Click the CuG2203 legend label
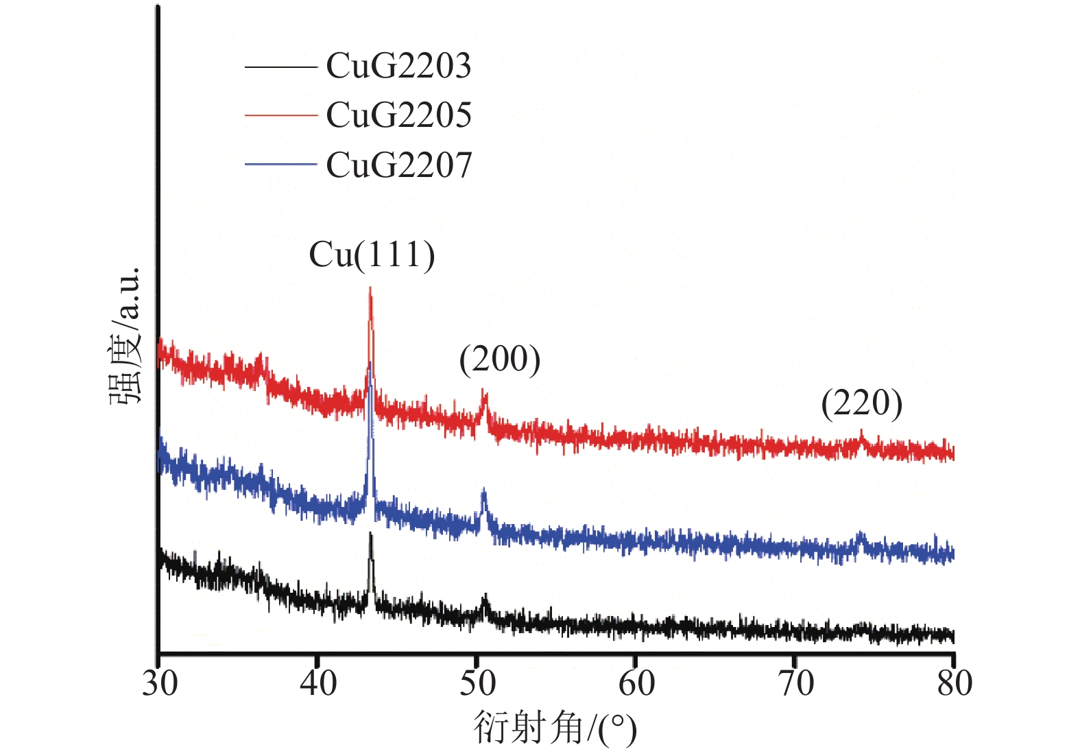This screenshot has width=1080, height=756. [x=398, y=66]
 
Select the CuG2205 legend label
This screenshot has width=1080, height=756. [x=398, y=115]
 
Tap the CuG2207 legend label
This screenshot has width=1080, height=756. [x=398, y=165]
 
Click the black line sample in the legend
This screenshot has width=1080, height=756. [x=280, y=67]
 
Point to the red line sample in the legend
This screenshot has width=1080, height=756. [x=280, y=115]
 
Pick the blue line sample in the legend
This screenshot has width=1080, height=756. [x=280, y=165]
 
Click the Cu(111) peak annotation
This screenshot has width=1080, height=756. [x=372, y=255]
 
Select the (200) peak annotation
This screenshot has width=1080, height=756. [x=500, y=359]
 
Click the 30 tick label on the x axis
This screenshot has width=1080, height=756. [x=160, y=683]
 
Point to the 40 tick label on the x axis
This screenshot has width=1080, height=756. [x=318, y=683]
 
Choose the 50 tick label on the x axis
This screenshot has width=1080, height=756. [x=477, y=683]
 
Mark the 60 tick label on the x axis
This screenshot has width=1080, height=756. [x=636, y=683]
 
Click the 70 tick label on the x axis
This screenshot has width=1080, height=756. [x=795, y=683]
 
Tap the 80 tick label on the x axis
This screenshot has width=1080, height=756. [x=955, y=683]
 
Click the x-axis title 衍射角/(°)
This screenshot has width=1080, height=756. [x=555, y=728]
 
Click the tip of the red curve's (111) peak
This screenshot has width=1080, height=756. [x=370, y=288]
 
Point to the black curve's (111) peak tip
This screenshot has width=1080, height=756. [x=371, y=533]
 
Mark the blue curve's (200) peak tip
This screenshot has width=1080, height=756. [x=483, y=491]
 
